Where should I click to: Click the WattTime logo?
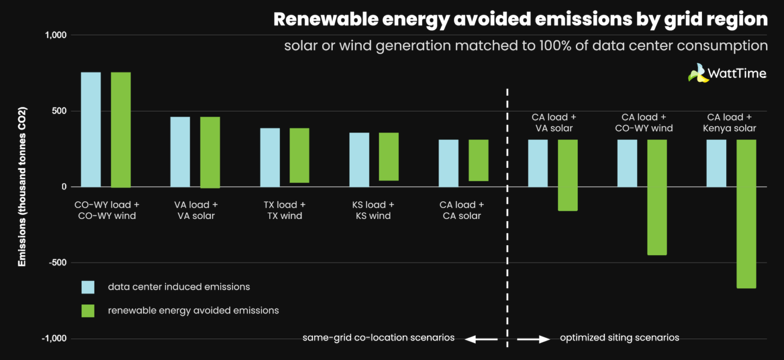pyautogui.click(x=727, y=73)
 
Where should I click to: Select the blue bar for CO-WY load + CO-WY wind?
pyautogui.click(x=91, y=129)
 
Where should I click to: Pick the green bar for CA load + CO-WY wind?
pyautogui.click(x=657, y=197)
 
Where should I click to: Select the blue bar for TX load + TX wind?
pyautogui.click(x=270, y=157)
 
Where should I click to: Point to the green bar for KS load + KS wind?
pyautogui.click(x=388, y=156)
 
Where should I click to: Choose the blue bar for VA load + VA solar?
pyautogui.click(x=180, y=152)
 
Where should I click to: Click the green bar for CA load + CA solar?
pyautogui.click(x=478, y=160)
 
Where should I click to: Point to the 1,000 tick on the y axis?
pyautogui.click(x=56, y=35)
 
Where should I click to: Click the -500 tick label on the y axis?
pyautogui.click(x=57, y=262)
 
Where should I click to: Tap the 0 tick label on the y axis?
pyautogui.click(x=64, y=187)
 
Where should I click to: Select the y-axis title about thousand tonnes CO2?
pyautogui.click(x=22, y=187)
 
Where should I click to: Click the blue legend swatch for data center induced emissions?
pyautogui.click(x=88, y=287)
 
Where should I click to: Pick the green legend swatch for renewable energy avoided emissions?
pyautogui.click(x=88, y=310)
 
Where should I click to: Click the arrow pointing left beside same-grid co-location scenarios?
pyautogui.click(x=480, y=339)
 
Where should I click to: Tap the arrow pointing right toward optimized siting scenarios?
pyautogui.click(x=533, y=339)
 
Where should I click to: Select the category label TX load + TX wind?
pyautogui.click(x=284, y=210)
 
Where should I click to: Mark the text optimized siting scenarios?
pyautogui.click(x=619, y=338)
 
